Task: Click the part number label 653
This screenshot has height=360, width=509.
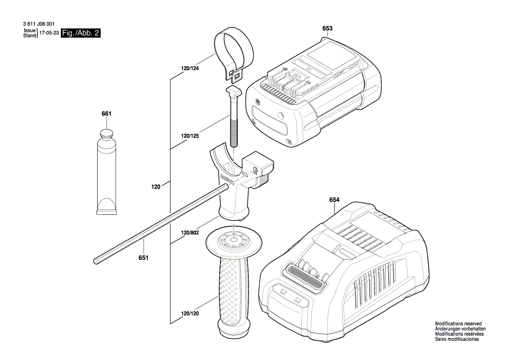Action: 327,28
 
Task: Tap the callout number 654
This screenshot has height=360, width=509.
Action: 334,200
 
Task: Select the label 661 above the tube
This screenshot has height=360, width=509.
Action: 106,114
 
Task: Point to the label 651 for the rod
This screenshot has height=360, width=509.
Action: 144,258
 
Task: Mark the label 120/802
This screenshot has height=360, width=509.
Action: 189,233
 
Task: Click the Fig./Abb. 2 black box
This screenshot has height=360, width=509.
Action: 81,33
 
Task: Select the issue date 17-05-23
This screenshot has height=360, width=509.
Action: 49,34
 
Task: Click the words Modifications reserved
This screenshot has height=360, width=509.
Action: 458,324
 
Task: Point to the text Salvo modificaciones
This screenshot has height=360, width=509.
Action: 457,339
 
